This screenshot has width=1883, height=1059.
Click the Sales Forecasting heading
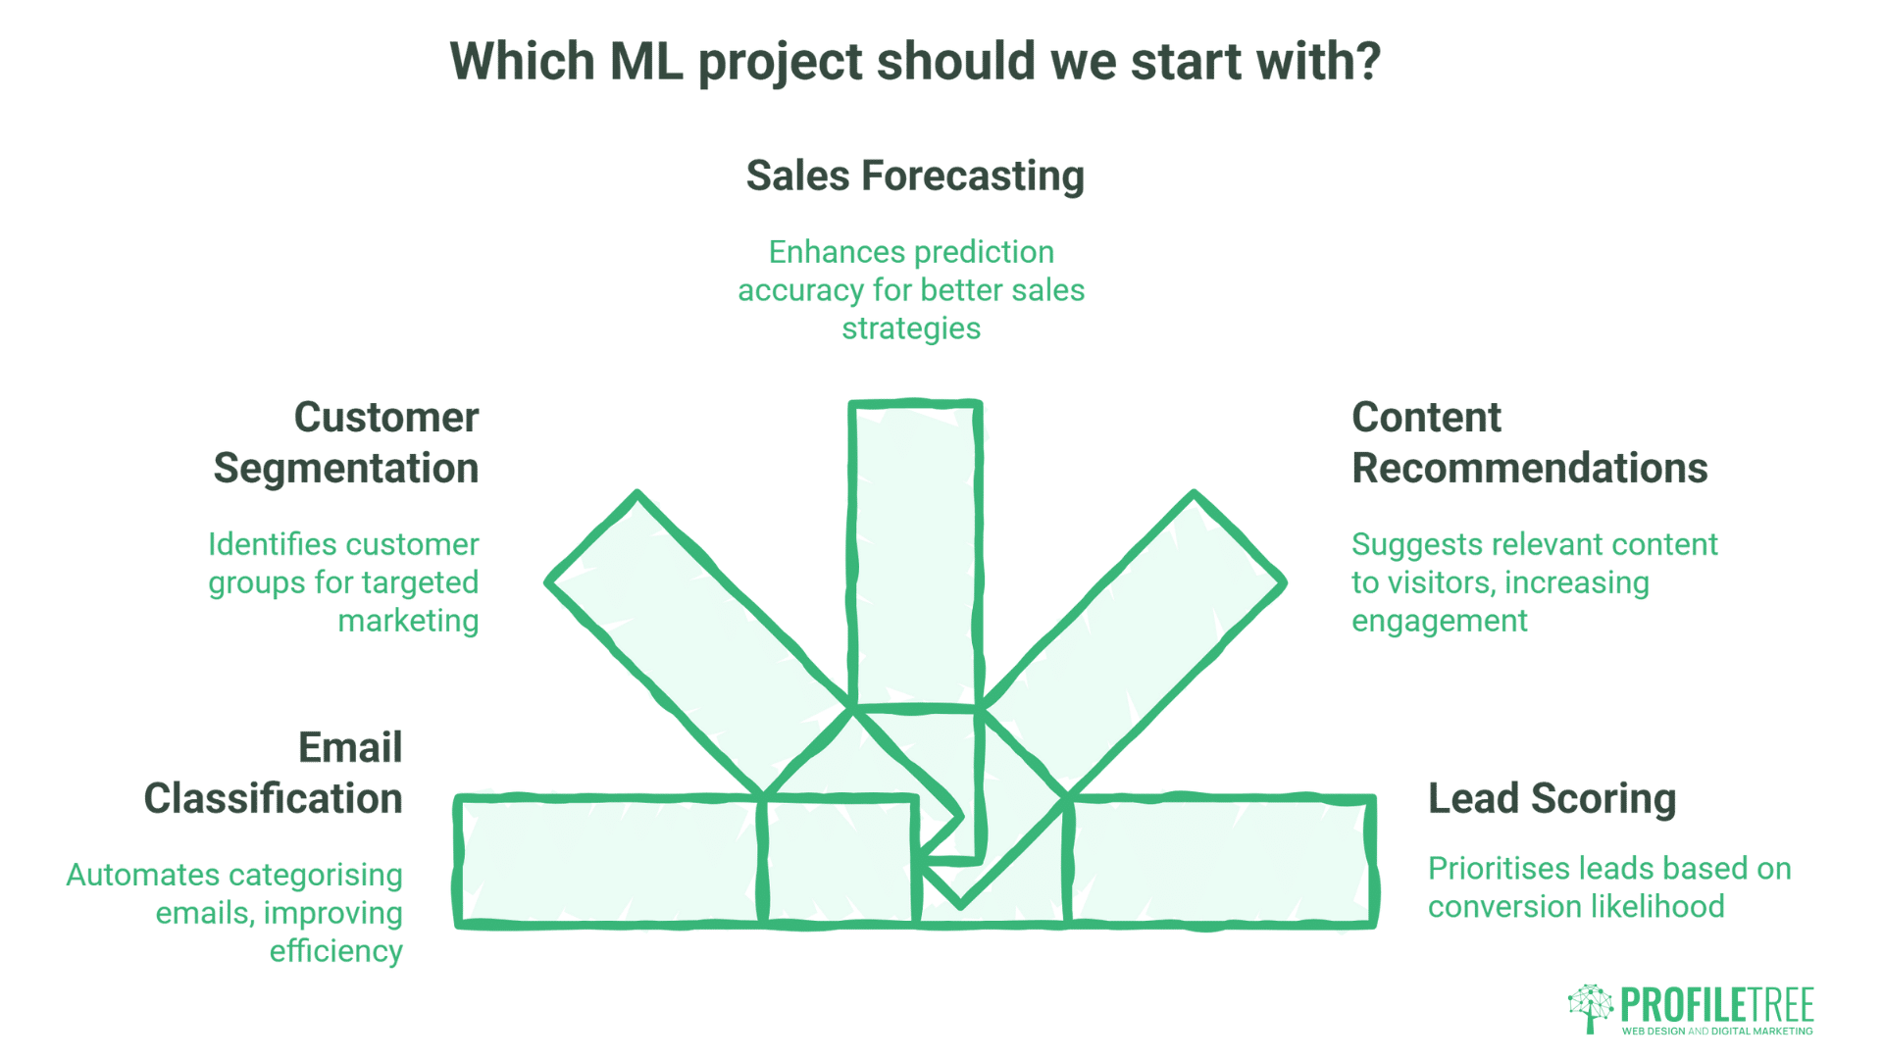tap(914, 176)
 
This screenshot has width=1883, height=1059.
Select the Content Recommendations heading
tap(1528, 443)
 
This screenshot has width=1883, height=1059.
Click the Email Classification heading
tap(274, 774)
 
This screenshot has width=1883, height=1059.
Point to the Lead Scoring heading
tap(1552, 799)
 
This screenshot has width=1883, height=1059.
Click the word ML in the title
tap(645, 62)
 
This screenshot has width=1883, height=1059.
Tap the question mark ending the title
tap(1367, 62)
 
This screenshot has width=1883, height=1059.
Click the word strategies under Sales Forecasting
tap(910, 328)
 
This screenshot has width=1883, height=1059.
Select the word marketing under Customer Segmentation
tap(408, 621)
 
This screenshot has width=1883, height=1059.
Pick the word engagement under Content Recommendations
tap(1439, 621)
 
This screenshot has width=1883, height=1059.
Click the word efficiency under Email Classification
tap(335, 951)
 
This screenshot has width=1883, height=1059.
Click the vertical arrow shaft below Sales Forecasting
tap(914, 549)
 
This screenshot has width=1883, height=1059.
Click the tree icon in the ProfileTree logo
tap(1590, 1008)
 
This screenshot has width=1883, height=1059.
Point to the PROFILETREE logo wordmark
tap(1716, 1005)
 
